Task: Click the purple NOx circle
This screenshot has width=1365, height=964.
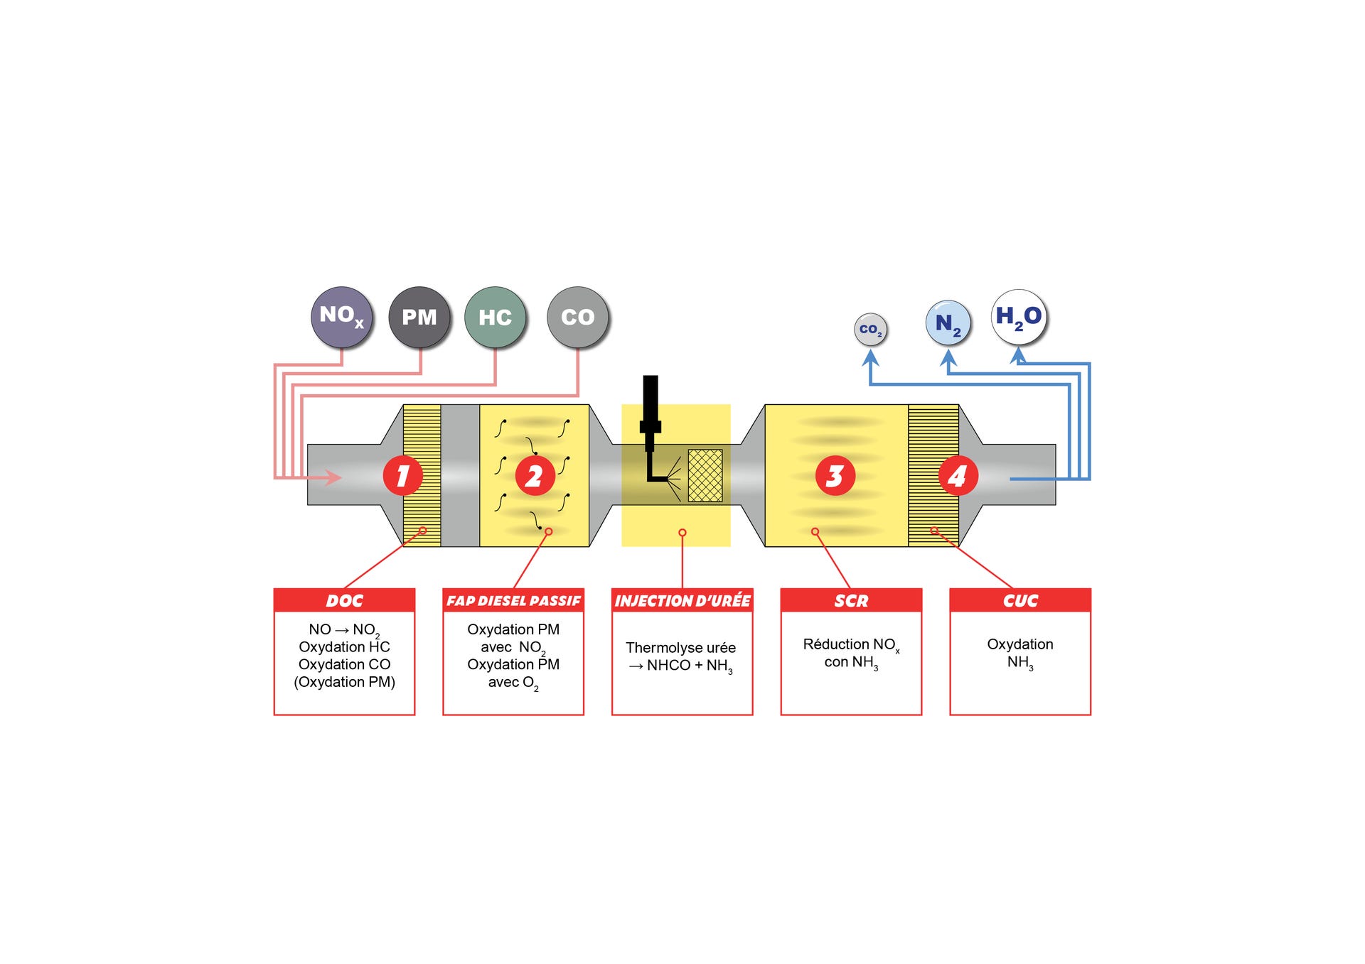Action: click(342, 317)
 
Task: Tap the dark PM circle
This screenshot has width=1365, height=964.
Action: click(419, 317)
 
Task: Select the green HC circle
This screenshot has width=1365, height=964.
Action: click(496, 317)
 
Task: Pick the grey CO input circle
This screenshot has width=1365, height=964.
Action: click(578, 317)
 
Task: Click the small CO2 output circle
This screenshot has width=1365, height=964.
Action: click(870, 330)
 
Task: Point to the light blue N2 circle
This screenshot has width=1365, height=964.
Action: click(948, 323)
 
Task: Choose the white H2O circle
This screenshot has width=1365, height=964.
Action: click(1019, 317)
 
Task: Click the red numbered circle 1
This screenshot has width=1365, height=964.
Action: click(403, 475)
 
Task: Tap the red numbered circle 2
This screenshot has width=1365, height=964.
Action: click(535, 475)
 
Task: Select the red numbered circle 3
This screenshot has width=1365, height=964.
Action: click(835, 475)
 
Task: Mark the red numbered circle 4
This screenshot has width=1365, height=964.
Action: click(958, 475)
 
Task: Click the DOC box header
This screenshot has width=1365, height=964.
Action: click(344, 600)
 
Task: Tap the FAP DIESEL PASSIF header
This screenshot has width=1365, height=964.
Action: click(513, 600)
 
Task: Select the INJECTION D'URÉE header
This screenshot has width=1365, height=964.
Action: click(682, 600)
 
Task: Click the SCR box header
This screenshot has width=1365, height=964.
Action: click(851, 600)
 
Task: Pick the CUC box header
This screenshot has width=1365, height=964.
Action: click(1020, 600)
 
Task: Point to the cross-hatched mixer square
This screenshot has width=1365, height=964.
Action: click(705, 475)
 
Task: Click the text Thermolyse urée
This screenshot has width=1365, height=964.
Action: click(680, 648)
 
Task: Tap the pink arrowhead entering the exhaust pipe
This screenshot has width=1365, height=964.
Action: click(334, 477)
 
